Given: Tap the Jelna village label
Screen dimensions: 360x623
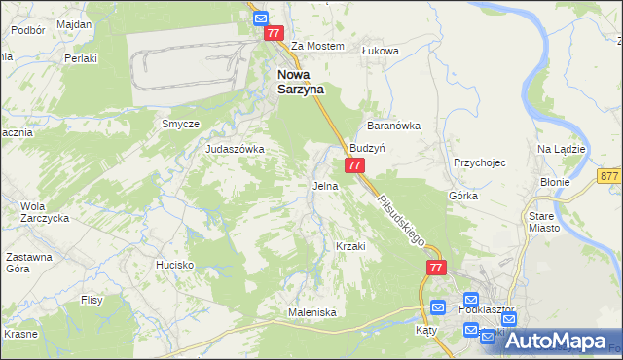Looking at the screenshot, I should click(325, 185).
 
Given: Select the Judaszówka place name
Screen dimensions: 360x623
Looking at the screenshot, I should click(235, 149).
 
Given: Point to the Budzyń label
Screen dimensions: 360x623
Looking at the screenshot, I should click(369, 148).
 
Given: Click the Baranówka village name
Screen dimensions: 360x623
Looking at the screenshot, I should click(392, 126).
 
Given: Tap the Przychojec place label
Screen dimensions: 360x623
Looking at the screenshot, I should click(480, 162).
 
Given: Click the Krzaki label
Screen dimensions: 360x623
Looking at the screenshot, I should click(349, 246).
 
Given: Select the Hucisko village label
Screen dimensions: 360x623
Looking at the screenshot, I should click(175, 265).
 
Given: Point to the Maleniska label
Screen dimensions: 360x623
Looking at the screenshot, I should click(311, 312).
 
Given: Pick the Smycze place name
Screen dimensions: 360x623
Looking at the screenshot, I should click(180, 124).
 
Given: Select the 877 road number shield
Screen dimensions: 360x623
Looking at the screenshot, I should click(610, 175).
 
